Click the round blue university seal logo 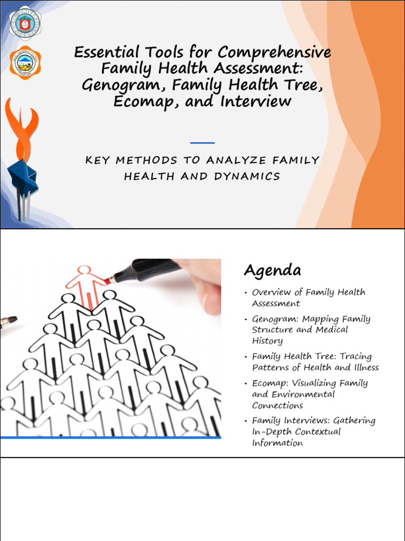coord(25,22)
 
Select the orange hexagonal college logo coord(25,63)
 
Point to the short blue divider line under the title coord(202,143)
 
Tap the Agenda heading coord(272,270)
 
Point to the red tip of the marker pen coord(108,279)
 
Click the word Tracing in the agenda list coord(355,357)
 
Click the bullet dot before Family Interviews coord(246,422)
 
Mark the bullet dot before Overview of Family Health coord(246,293)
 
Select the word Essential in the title coord(107,52)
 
